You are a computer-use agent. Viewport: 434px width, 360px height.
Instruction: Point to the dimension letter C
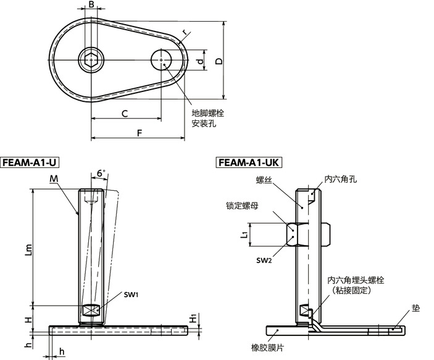(124, 114)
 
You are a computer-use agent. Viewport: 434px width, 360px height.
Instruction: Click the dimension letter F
(138, 133)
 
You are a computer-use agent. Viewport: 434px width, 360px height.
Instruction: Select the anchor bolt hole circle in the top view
(161, 61)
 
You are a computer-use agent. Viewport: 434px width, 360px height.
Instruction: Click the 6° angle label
(101, 174)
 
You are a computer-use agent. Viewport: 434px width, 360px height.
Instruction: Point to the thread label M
(53, 179)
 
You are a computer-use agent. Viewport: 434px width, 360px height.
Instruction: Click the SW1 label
(130, 295)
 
